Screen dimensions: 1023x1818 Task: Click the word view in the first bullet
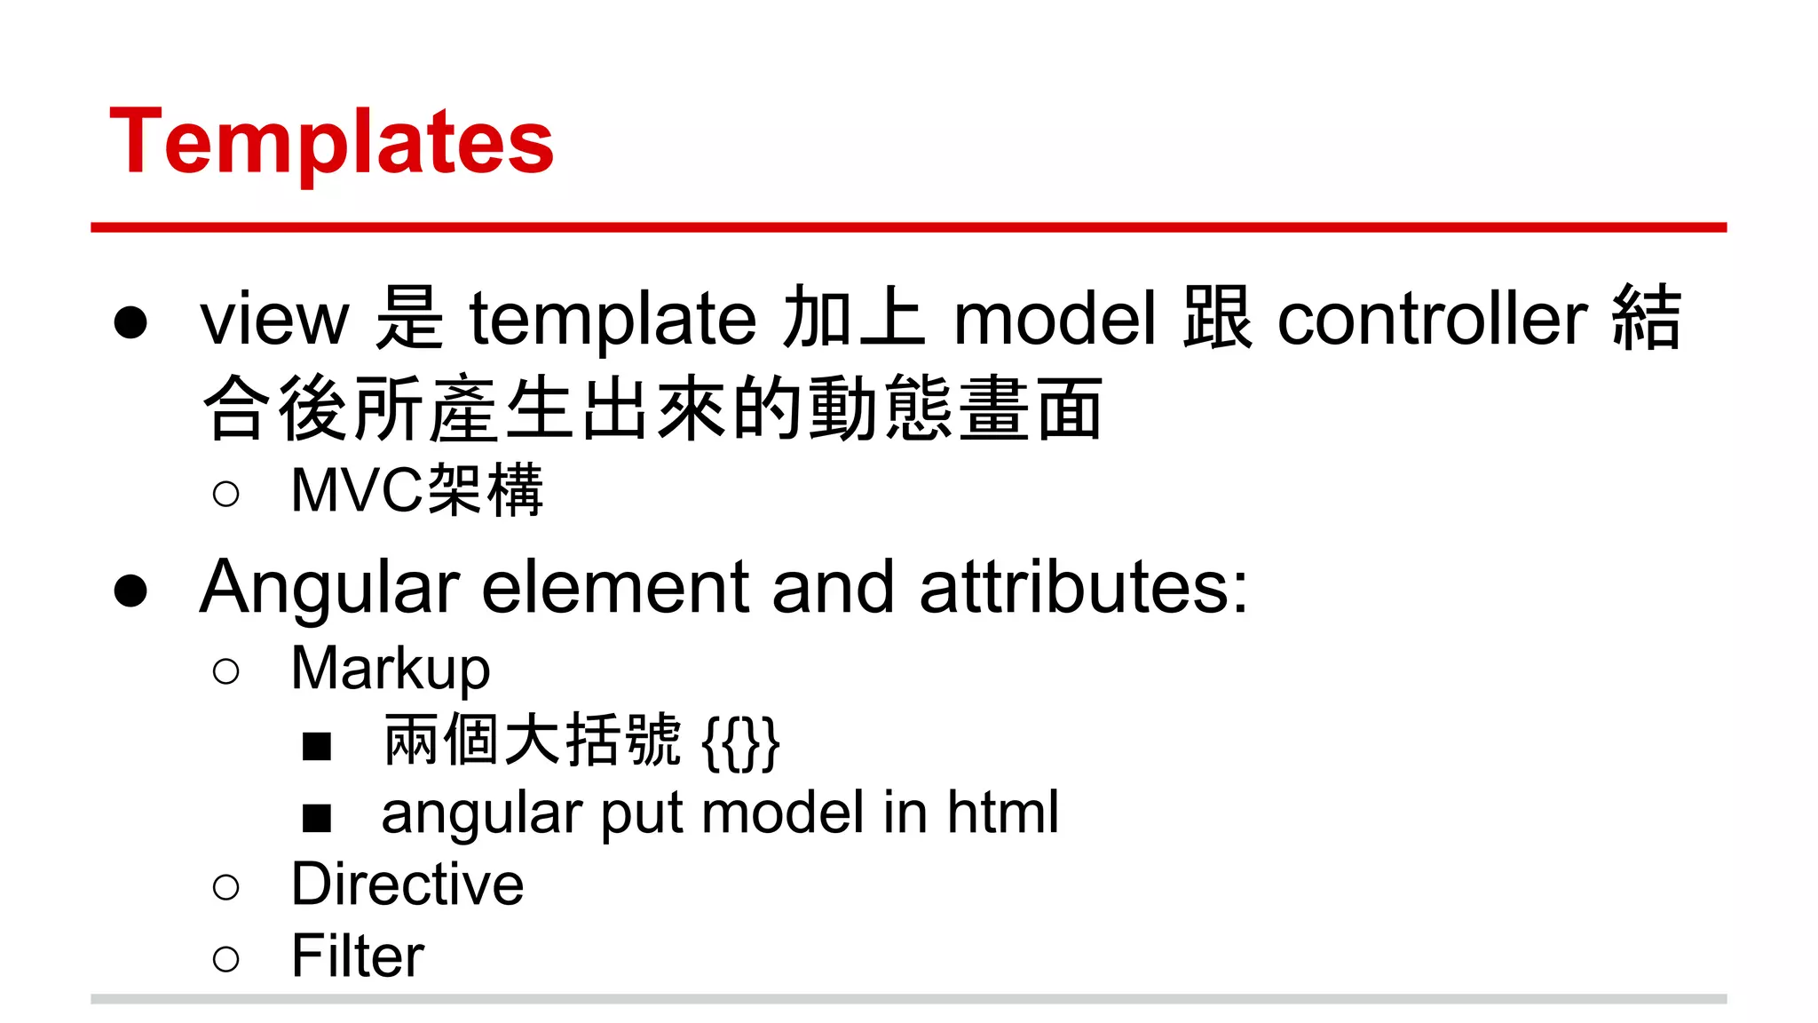click(274, 320)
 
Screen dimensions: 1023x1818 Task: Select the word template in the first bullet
click(613, 320)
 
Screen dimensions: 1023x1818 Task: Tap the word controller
click(1432, 320)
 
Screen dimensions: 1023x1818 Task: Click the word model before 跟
click(1055, 320)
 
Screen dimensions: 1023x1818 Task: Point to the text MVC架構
click(416, 490)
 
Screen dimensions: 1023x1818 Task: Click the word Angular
click(329, 588)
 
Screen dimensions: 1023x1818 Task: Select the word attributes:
click(1084, 588)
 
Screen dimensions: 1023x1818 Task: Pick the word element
click(615, 588)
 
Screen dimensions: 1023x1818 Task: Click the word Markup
click(391, 670)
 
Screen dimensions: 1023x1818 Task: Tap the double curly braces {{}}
click(740, 742)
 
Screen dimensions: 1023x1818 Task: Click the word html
click(1003, 812)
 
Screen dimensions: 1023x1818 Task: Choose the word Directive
click(407, 884)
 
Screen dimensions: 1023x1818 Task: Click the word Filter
click(358, 956)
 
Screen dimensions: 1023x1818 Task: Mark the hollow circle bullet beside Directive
click(226, 887)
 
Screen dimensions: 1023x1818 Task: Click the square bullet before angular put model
click(317, 817)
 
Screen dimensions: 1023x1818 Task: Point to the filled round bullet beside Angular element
click(130, 591)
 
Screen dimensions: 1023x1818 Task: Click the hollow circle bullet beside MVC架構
click(226, 494)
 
